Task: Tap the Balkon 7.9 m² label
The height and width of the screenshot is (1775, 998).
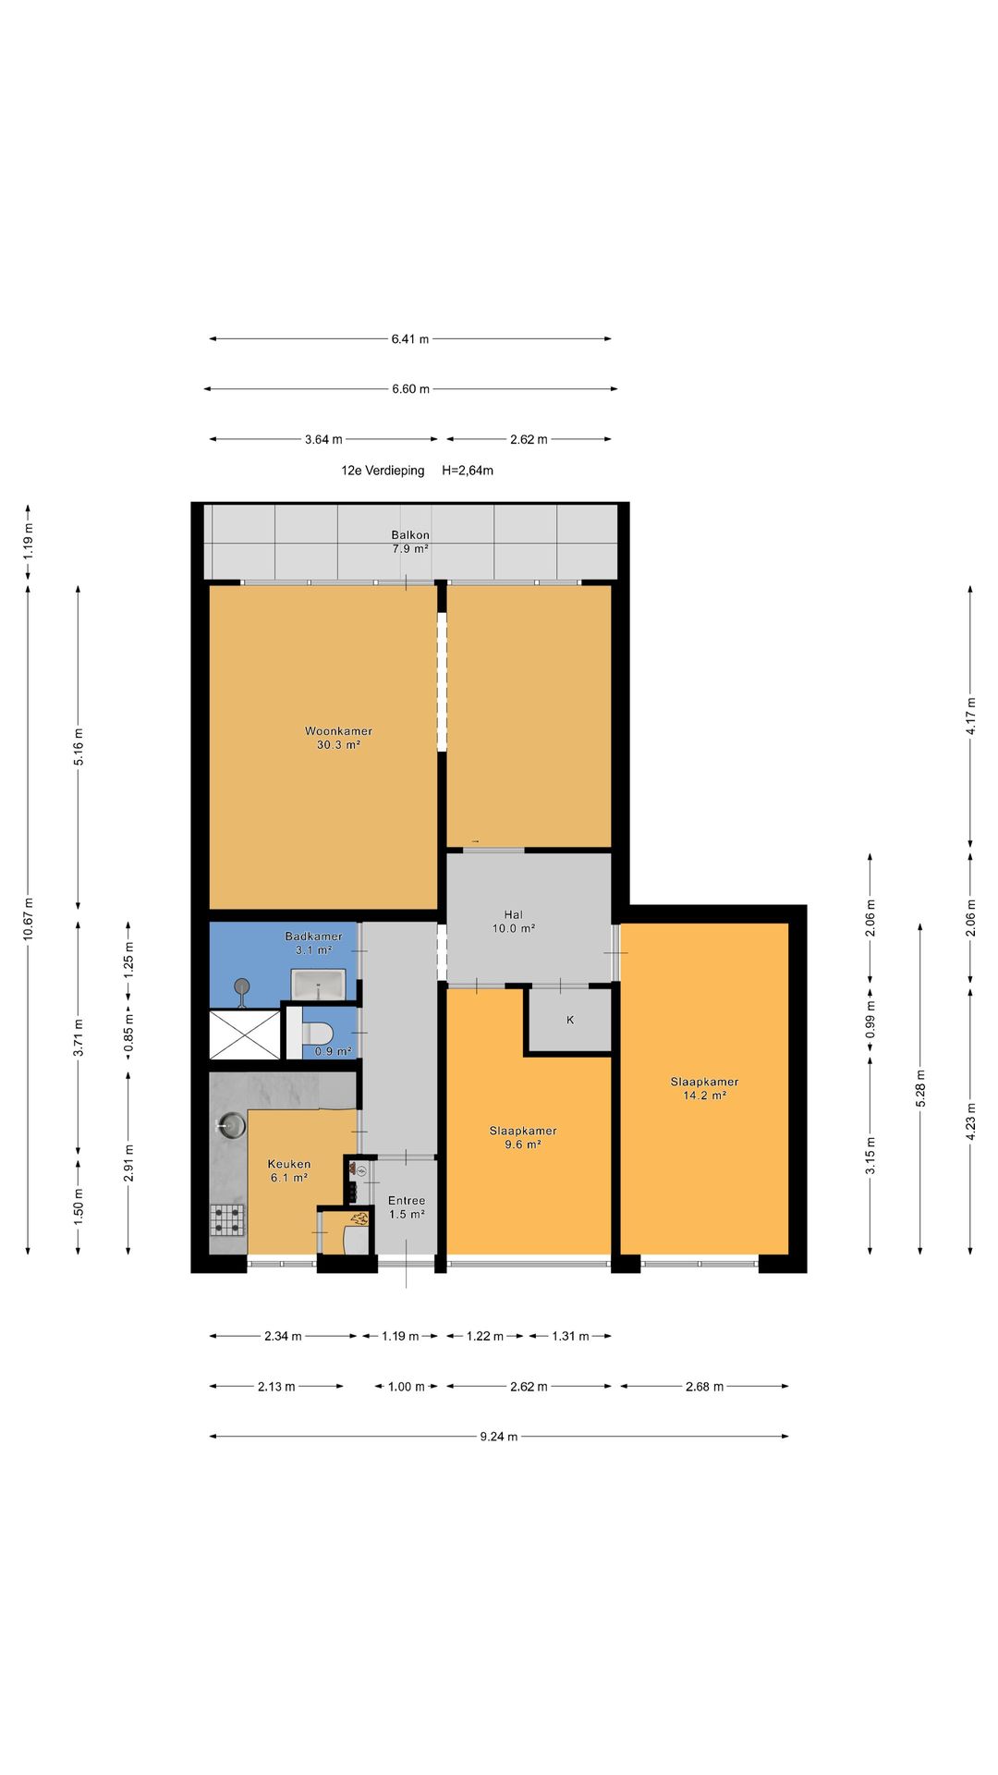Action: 410,542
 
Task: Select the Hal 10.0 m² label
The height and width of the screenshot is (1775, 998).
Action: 514,922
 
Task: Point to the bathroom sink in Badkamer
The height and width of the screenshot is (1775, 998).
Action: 319,984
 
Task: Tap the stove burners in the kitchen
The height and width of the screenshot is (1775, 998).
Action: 227,1219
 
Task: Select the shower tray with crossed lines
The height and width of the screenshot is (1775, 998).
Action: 245,1034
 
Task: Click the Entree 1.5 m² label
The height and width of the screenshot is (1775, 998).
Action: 407,1207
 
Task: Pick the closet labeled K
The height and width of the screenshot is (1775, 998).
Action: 570,1021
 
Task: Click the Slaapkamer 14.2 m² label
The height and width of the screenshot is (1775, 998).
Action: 704,1088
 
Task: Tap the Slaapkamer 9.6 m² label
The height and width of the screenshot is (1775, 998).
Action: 523,1137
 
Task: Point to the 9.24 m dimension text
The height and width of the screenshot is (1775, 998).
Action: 499,1437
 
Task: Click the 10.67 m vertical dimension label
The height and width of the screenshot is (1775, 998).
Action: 29,919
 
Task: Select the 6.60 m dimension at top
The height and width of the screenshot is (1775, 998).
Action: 410,389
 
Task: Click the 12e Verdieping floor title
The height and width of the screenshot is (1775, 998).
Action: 383,471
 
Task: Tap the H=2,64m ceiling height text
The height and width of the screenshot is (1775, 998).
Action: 468,471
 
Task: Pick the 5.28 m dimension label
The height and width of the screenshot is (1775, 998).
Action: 920,1088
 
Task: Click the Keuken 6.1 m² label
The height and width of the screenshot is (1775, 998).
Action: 289,1171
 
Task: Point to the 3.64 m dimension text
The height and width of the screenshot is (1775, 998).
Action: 323,440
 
